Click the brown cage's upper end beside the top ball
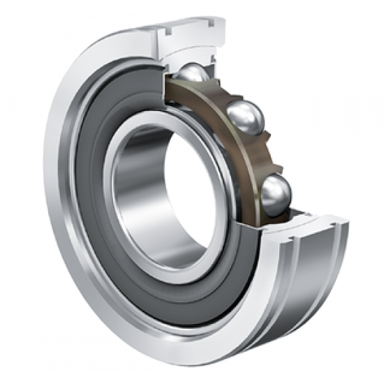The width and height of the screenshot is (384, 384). [171, 87]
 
